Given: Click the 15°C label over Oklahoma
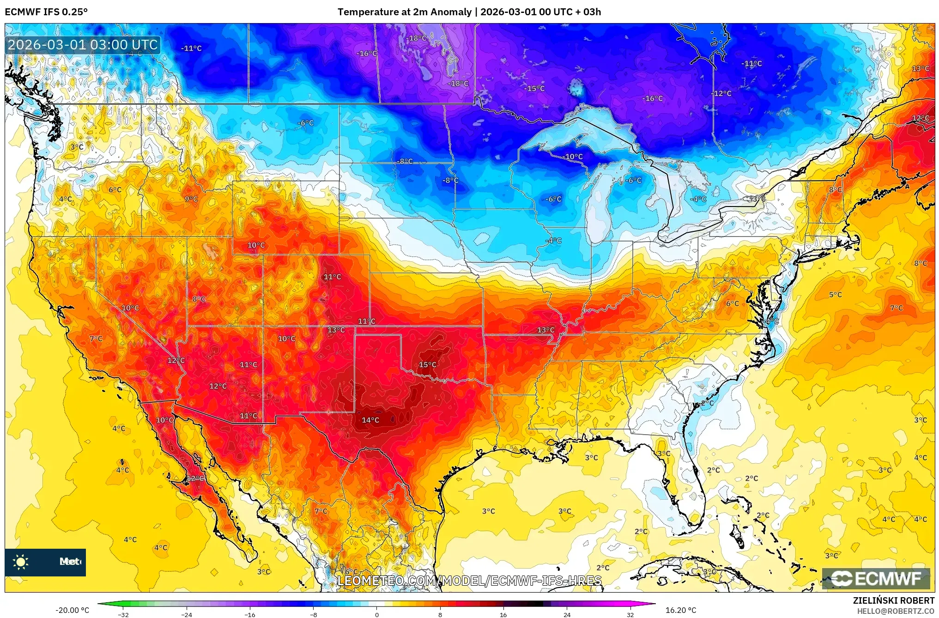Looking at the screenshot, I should [x=427, y=364].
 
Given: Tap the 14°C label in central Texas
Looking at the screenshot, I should [x=370, y=420].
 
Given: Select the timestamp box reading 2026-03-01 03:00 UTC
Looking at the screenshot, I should [x=83, y=45].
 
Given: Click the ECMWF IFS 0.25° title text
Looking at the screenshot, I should [x=46, y=12].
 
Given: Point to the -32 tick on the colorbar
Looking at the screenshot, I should [x=123, y=614].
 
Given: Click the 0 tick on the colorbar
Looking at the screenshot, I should [x=377, y=614].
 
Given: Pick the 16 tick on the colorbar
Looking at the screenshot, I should [x=503, y=614].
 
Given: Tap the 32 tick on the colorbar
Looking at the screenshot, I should [x=630, y=614].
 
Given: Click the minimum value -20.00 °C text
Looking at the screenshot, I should [x=72, y=610].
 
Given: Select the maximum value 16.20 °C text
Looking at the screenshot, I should [x=680, y=610].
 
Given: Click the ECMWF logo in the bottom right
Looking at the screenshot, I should [x=876, y=578].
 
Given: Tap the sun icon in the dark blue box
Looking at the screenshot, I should [x=21, y=562].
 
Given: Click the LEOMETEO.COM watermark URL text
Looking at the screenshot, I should [x=469, y=581].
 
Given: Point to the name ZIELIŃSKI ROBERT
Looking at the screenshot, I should [x=893, y=600].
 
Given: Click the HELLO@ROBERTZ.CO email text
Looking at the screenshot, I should [x=896, y=611].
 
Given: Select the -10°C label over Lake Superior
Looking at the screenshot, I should [x=574, y=157].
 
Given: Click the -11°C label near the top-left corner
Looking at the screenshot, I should [x=191, y=48].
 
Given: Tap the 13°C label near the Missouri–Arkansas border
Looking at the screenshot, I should [x=545, y=330].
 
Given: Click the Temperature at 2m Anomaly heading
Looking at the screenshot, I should [x=469, y=12].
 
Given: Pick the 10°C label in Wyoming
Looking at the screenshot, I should [x=256, y=245].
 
